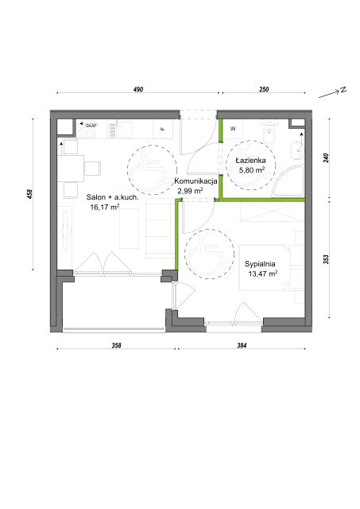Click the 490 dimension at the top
[138, 89]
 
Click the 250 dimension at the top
[264, 89]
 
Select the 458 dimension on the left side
[30, 194]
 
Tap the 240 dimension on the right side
[327, 158]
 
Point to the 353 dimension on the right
[327, 259]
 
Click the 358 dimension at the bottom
[117, 346]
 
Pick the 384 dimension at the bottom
[242, 346]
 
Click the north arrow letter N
[343, 90]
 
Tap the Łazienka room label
[250, 161]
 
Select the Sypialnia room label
[260, 264]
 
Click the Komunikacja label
[195, 181]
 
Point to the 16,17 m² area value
[105, 207]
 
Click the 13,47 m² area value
[263, 274]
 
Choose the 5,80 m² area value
[251, 169]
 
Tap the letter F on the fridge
[163, 129]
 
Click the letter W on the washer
[233, 129]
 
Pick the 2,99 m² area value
[191, 191]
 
